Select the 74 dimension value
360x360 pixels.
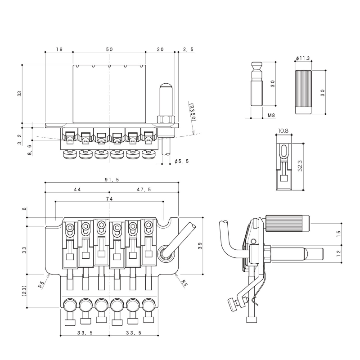[x=109, y=198]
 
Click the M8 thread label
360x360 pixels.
[x=271, y=116]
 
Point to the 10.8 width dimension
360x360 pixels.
[x=283, y=131]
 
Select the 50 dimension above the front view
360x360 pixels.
[x=109, y=49]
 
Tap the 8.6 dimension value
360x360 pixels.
[x=30, y=149]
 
